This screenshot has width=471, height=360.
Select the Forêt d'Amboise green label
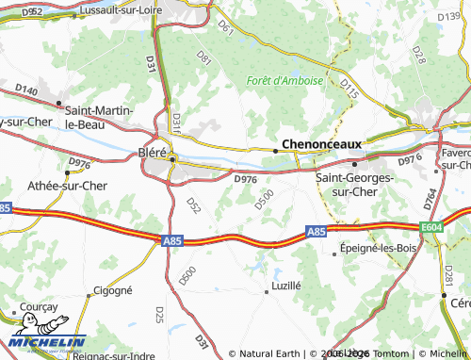[x=284, y=80]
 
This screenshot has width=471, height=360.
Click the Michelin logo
[x=47, y=343]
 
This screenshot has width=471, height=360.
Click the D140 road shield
[x=26, y=90]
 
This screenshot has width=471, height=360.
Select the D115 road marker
[x=349, y=87]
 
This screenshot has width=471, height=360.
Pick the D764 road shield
[x=430, y=198]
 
